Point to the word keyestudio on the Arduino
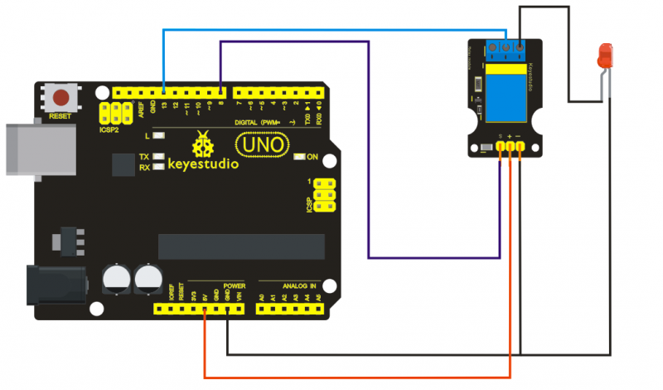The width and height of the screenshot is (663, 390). tap(204, 163)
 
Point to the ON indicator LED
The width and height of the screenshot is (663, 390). tap(301, 157)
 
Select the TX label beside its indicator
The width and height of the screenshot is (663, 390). tap(144, 157)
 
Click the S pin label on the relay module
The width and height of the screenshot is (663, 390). tap(501, 135)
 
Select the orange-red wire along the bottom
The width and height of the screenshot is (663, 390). tap(356, 378)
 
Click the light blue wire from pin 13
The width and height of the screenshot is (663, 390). tap(331, 30)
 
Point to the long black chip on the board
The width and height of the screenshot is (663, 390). tap(241, 246)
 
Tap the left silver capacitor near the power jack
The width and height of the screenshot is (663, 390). tap(115, 278)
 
